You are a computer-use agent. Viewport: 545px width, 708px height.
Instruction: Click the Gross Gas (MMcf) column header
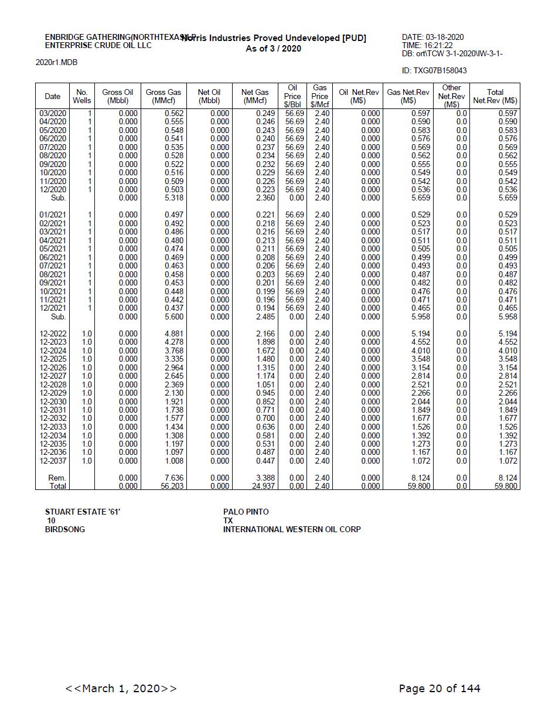click(x=163, y=96)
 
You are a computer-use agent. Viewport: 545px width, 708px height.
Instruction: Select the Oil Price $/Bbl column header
click(x=292, y=96)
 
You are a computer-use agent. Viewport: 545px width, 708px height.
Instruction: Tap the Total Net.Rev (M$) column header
click(x=495, y=96)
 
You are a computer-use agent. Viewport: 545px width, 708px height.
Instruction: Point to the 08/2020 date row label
click(x=53, y=155)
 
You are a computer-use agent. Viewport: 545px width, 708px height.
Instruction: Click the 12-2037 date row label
click(x=53, y=461)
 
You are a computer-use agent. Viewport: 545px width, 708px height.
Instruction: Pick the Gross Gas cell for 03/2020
click(x=174, y=113)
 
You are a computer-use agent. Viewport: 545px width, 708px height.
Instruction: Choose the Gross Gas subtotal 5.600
click(x=174, y=316)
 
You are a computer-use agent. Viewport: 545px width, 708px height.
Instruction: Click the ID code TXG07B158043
click(x=434, y=70)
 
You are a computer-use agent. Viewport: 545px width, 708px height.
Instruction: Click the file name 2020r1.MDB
click(x=56, y=62)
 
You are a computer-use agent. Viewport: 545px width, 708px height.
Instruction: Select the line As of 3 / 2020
click(x=273, y=49)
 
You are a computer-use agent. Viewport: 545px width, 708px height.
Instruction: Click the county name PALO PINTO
click(x=246, y=512)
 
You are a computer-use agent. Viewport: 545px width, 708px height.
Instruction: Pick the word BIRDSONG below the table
click(x=64, y=529)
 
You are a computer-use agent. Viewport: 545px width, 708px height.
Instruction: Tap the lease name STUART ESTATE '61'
click(x=83, y=512)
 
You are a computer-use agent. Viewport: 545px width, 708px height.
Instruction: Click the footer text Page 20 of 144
click(x=439, y=688)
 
